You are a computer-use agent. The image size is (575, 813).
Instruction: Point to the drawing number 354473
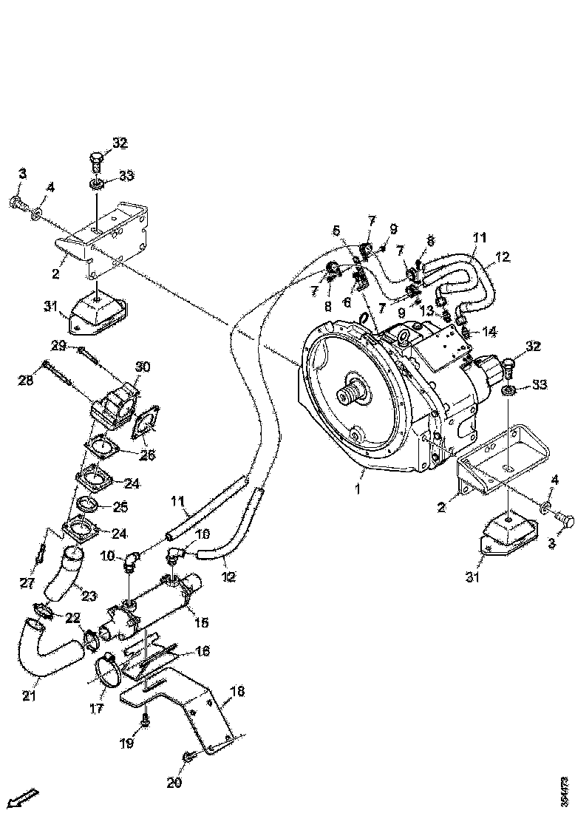pos(564,790)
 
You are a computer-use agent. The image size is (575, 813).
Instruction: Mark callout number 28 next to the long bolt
pos(27,380)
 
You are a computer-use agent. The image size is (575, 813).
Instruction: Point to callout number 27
pos(27,583)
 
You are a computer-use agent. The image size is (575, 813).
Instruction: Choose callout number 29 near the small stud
pos(58,346)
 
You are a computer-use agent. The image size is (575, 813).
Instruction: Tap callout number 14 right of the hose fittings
pos(489,331)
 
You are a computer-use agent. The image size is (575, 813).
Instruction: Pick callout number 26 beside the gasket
pos(147,455)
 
